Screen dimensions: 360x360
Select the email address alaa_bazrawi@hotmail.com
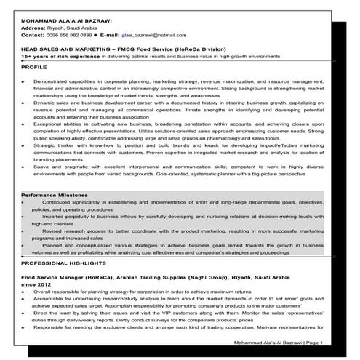pyautogui.click(x=153, y=34)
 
